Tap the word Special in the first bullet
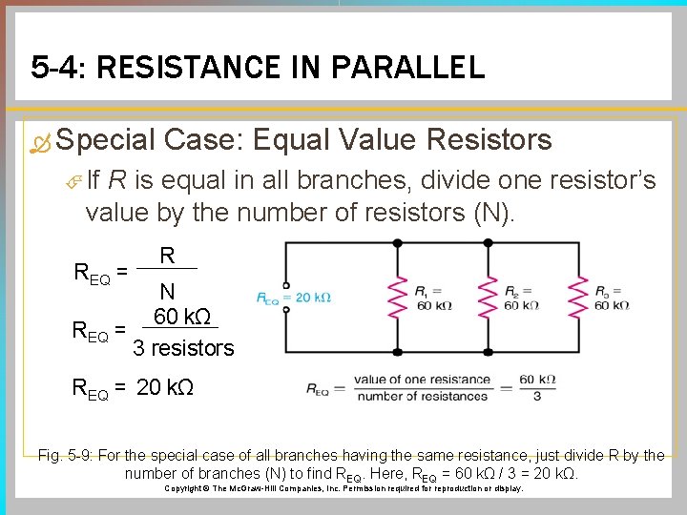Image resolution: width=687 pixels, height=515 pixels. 105,140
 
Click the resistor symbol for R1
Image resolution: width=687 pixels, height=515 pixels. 392,297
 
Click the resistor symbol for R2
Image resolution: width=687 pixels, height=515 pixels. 488,297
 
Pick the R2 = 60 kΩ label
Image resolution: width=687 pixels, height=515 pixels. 521,298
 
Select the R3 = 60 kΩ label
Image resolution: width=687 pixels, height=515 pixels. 611,298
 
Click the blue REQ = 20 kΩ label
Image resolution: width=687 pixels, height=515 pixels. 294,298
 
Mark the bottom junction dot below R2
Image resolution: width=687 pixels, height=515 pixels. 488,351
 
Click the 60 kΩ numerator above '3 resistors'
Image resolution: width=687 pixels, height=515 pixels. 181,317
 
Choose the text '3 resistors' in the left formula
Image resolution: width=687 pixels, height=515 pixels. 183,348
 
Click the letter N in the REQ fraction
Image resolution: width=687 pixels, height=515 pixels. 167,293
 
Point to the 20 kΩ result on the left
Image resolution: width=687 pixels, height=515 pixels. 166,387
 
